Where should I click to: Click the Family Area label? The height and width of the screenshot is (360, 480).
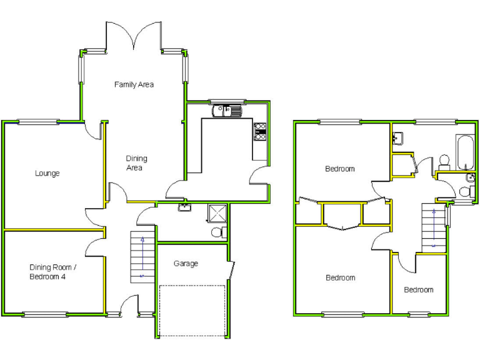134,84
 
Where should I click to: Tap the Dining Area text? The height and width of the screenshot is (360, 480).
134,163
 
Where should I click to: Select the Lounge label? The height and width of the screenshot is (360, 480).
47,173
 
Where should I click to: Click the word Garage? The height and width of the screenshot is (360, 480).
186,264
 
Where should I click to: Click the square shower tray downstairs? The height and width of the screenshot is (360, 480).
218,214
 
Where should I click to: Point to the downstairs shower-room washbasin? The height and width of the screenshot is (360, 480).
184,207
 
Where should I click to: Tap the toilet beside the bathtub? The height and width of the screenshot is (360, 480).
445,161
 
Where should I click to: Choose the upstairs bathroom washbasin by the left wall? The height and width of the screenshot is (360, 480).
398,138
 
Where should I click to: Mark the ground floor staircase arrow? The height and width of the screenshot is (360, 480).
142,256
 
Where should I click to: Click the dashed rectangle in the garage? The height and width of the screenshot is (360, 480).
192,310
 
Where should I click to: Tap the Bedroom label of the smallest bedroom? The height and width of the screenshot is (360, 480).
418,290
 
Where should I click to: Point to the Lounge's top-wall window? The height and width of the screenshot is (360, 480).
38,122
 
